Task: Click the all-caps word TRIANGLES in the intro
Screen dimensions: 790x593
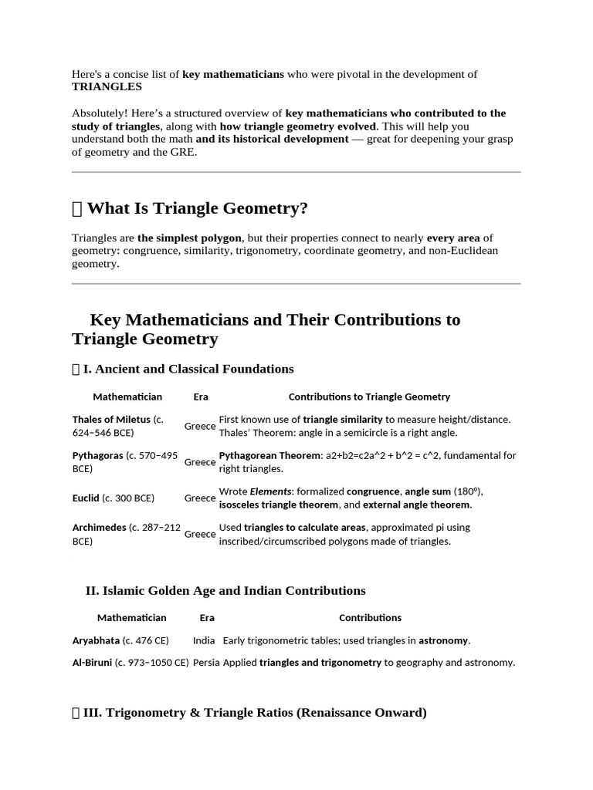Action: pos(107,87)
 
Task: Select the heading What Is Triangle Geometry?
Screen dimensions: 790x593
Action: pos(197,208)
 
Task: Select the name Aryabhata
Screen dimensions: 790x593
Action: pos(96,640)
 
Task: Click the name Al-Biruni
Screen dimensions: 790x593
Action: pos(92,663)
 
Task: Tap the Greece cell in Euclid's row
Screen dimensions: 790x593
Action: pos(200,498)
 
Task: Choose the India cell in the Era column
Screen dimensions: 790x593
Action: pos(204,640)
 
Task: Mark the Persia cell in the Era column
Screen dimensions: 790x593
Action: pos(206,663)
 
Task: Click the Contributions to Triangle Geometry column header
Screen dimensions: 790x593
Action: pos(369,397)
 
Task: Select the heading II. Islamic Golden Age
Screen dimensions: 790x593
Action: pos(225,591)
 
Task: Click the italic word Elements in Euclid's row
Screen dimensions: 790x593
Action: pos(273,491)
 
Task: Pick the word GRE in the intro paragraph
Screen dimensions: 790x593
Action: pos(184,152)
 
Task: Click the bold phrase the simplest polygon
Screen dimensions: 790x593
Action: pos(189,238)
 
